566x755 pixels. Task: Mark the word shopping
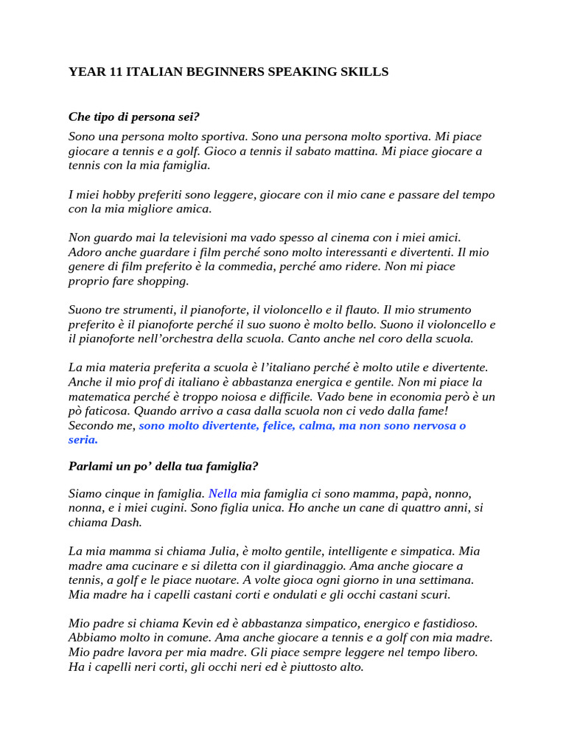(164, 281)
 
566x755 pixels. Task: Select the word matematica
(103, 397)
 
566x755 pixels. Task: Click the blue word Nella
(223, 493)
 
